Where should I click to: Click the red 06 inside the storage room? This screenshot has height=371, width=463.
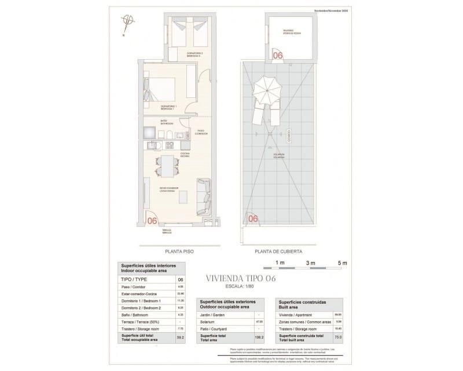pyautogui.click(x=277, y=56)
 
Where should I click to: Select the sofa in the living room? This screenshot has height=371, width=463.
pyautogui.click(x=204, y=197)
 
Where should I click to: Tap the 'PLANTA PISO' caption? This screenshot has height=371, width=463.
pyautogui.click(x=179, y=252)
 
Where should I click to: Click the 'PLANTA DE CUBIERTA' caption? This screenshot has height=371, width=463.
pyautogui.click(x=278, y=252)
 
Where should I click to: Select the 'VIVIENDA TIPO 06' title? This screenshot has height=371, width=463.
pyautogui.click(x=241, y=279)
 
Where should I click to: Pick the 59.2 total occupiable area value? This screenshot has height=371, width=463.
pyautogui.click(x=181, y=337)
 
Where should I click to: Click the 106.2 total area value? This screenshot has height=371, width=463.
pyautogui.click(x=259, y=337)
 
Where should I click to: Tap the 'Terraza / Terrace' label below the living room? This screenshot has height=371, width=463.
pyautogui.click(x=168, y=231)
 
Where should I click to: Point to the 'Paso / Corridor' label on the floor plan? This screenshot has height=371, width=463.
pyautogui.click(x=201, y=132)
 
